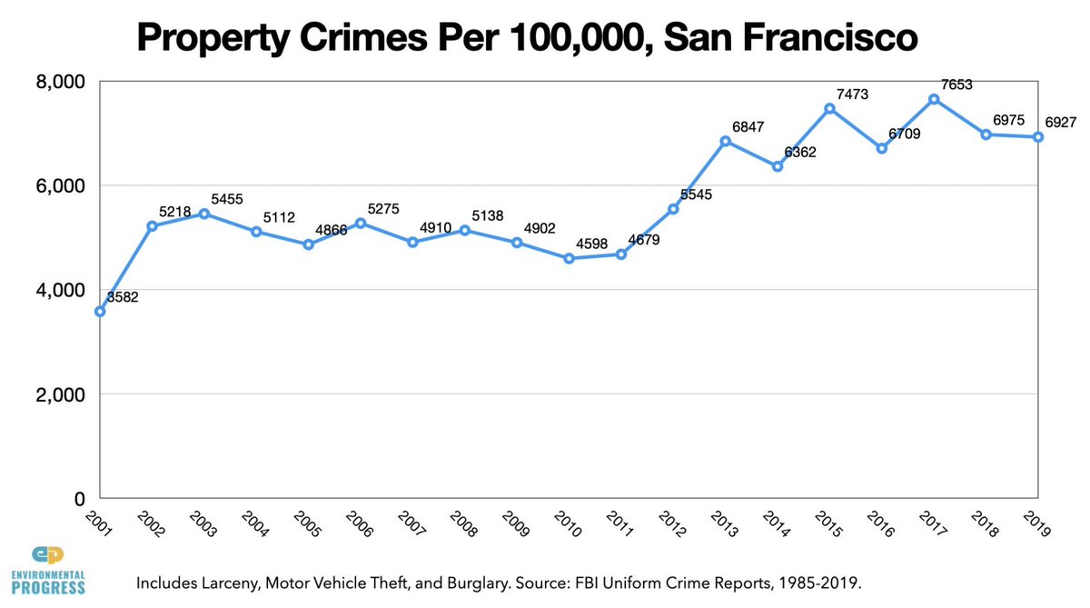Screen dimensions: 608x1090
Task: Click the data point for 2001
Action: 100,311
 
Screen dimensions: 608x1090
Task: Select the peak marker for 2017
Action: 934,99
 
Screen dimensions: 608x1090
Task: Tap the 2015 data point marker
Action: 829,108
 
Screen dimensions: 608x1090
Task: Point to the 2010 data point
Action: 569,258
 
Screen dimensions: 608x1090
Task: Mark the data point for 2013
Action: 725,141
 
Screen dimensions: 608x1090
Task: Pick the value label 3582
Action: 123,296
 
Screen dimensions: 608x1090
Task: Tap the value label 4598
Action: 591,243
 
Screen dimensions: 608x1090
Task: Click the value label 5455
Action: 227,198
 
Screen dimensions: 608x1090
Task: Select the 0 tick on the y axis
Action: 79,499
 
